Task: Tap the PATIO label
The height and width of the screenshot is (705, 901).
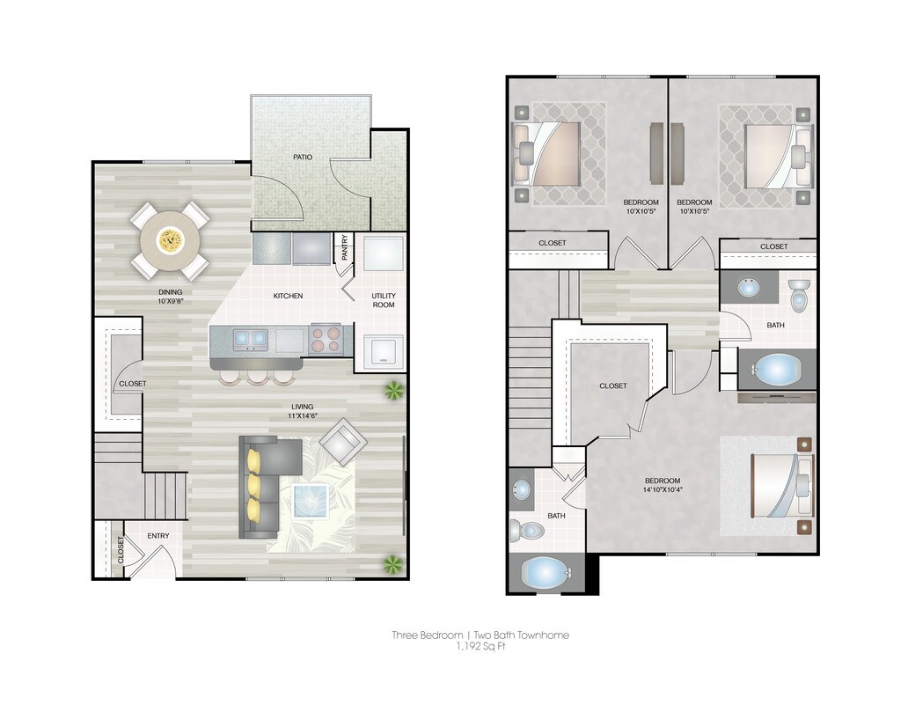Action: pos(303,157)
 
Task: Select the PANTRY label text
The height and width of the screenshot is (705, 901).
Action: pos(344,248)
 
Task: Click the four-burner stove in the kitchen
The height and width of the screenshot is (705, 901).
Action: pos(326,339)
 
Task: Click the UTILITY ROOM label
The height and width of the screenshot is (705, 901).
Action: pos(383,299)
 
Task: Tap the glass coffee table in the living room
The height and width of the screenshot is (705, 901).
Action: pos(311,502)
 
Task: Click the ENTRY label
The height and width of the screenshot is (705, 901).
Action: pos(158,536)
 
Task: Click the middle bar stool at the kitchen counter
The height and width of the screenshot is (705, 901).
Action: pos(257,377)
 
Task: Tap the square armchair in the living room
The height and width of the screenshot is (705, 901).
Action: pos(343,441)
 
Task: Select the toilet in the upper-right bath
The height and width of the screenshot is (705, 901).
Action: pos(799,295)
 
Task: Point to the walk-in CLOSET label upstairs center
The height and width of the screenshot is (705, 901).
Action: pos(613,386)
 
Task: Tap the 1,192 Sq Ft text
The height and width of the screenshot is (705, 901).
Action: pos(480,647)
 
